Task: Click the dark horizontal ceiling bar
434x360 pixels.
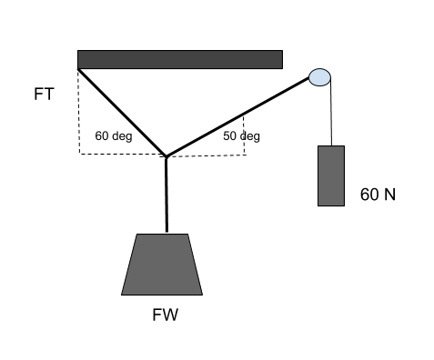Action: pos(179,59)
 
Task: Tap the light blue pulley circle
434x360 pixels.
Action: pos(319,76)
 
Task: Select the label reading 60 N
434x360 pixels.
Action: pos(378,195)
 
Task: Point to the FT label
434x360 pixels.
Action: pos(43,94)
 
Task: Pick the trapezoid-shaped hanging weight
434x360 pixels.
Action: pos(162,265)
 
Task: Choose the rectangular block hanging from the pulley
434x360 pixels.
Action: pos(330,175)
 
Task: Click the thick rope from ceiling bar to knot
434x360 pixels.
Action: pos(120,111)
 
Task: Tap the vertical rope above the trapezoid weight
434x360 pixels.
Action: pos(167,195)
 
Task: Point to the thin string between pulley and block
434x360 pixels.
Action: pos(331,114)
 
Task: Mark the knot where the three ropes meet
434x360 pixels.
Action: pos(167,156)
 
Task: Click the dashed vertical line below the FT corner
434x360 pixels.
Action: pos(79,114)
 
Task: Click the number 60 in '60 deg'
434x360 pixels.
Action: pos(103,137)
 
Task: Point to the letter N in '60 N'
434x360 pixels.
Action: pos(389,195)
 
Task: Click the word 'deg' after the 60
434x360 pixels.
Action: pos(122,137)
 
